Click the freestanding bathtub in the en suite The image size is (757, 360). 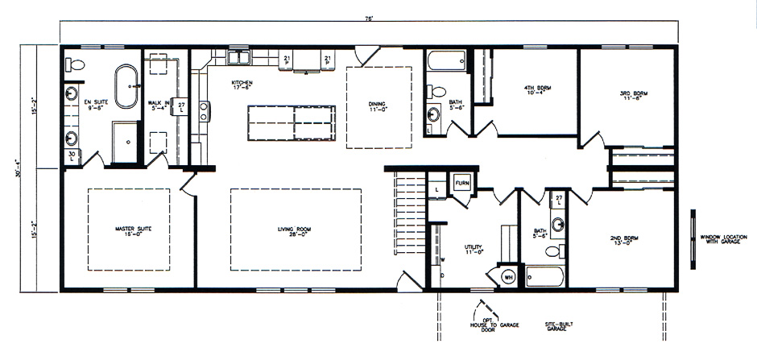127,87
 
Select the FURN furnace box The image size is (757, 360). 462,184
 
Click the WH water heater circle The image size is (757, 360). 508,276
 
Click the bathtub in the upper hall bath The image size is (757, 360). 444,62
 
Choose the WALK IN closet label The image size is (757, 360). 159,103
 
